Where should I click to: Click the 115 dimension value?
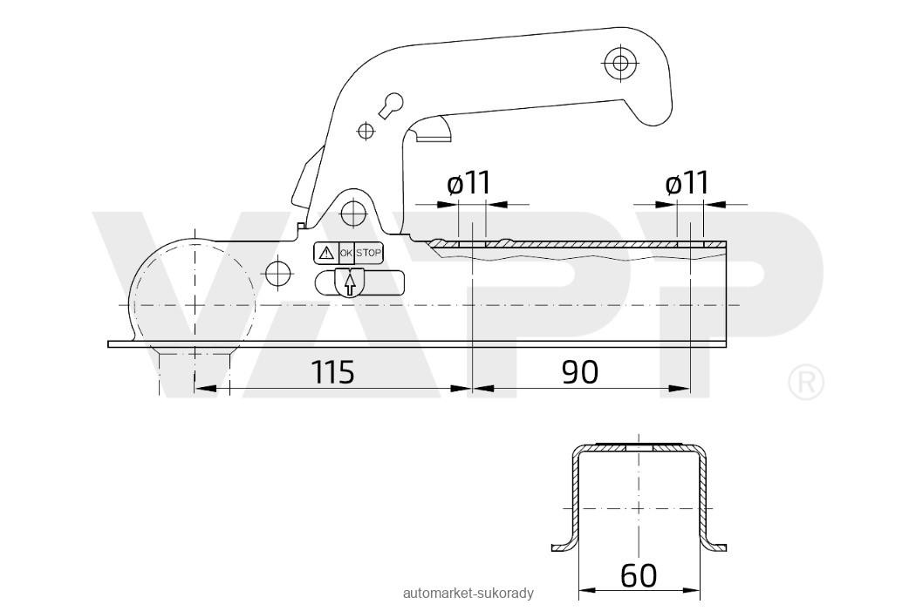332,372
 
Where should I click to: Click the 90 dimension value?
580,372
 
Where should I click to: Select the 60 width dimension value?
639,576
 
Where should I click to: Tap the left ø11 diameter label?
469,183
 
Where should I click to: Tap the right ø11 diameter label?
687,183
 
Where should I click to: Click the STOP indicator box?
369,253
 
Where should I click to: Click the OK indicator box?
346,253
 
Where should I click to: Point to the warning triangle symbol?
326,253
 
